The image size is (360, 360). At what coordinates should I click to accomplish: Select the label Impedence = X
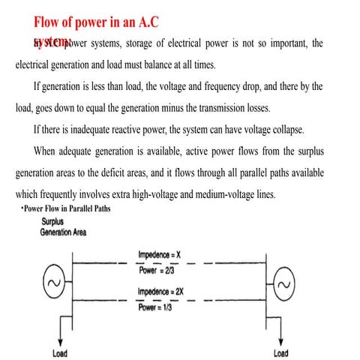point(161,256)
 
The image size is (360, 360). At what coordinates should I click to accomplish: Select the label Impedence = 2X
point(163,289)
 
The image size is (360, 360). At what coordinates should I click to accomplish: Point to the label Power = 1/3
point(157,305)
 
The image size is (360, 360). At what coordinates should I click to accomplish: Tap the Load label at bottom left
point(62,352)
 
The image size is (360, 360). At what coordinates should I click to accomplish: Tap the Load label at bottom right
point(280,352)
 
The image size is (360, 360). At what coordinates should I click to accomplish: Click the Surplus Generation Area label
point(63,227)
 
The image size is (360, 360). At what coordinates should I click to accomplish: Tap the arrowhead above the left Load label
point(62,338)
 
